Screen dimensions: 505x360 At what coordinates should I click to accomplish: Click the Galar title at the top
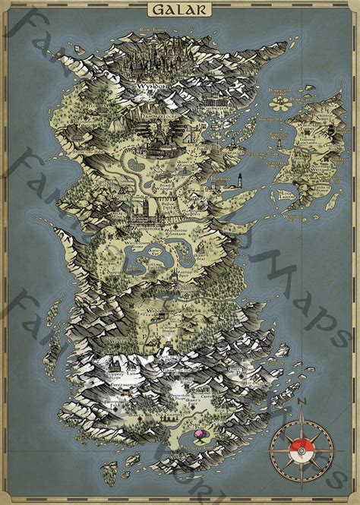pyautogui.click(x=180, y=9)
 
